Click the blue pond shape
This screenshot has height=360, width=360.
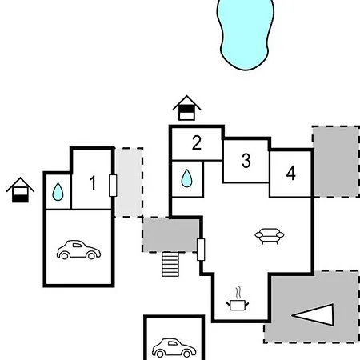pos(245,34)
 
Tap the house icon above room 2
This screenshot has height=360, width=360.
pos(186,108)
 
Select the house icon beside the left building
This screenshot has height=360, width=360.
pos(20,190)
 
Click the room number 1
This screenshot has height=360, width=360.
pos(92,183)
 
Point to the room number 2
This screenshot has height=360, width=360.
pos(197,143)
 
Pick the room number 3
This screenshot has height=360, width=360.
pos(246,161)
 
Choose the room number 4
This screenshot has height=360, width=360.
pos(291,173)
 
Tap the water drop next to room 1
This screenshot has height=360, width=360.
pos(58,191)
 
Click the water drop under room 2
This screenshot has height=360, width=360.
pos(186,178)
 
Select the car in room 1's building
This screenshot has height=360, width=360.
pos(78,250)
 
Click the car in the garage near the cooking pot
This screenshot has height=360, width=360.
pos(174,348)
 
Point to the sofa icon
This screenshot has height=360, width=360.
pos(270,236)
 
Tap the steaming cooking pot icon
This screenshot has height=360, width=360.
pos(238,299)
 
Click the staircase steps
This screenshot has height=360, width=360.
pos(170,264)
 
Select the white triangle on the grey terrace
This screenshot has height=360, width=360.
pos(313,314)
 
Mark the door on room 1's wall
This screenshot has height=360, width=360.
pos(113,186)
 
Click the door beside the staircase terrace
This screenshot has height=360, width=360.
pos(201,250)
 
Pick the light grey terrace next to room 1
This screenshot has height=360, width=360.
pos(129,182)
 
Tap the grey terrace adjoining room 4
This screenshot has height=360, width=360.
pos(337,162)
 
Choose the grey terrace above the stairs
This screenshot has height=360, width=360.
pos(171,235)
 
